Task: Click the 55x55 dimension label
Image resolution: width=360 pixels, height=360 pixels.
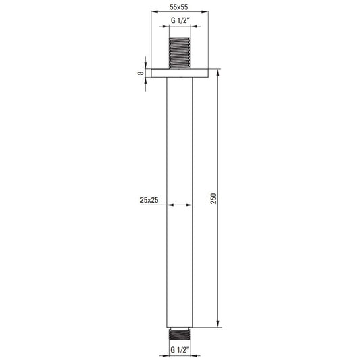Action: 178,7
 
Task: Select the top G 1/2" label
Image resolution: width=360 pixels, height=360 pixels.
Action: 180,20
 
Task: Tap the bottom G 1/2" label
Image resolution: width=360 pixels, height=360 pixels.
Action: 180,350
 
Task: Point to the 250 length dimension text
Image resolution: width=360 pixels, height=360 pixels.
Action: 213,199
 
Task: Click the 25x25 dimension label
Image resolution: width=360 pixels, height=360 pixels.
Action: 149,200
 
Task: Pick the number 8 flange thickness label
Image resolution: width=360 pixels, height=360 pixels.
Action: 140,73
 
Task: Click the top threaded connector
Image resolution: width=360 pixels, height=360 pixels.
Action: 180,53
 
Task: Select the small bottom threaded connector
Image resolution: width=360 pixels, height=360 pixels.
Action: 180,334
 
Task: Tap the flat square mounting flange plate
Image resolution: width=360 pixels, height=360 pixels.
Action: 180,73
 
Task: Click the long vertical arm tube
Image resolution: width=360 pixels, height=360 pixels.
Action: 180,202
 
